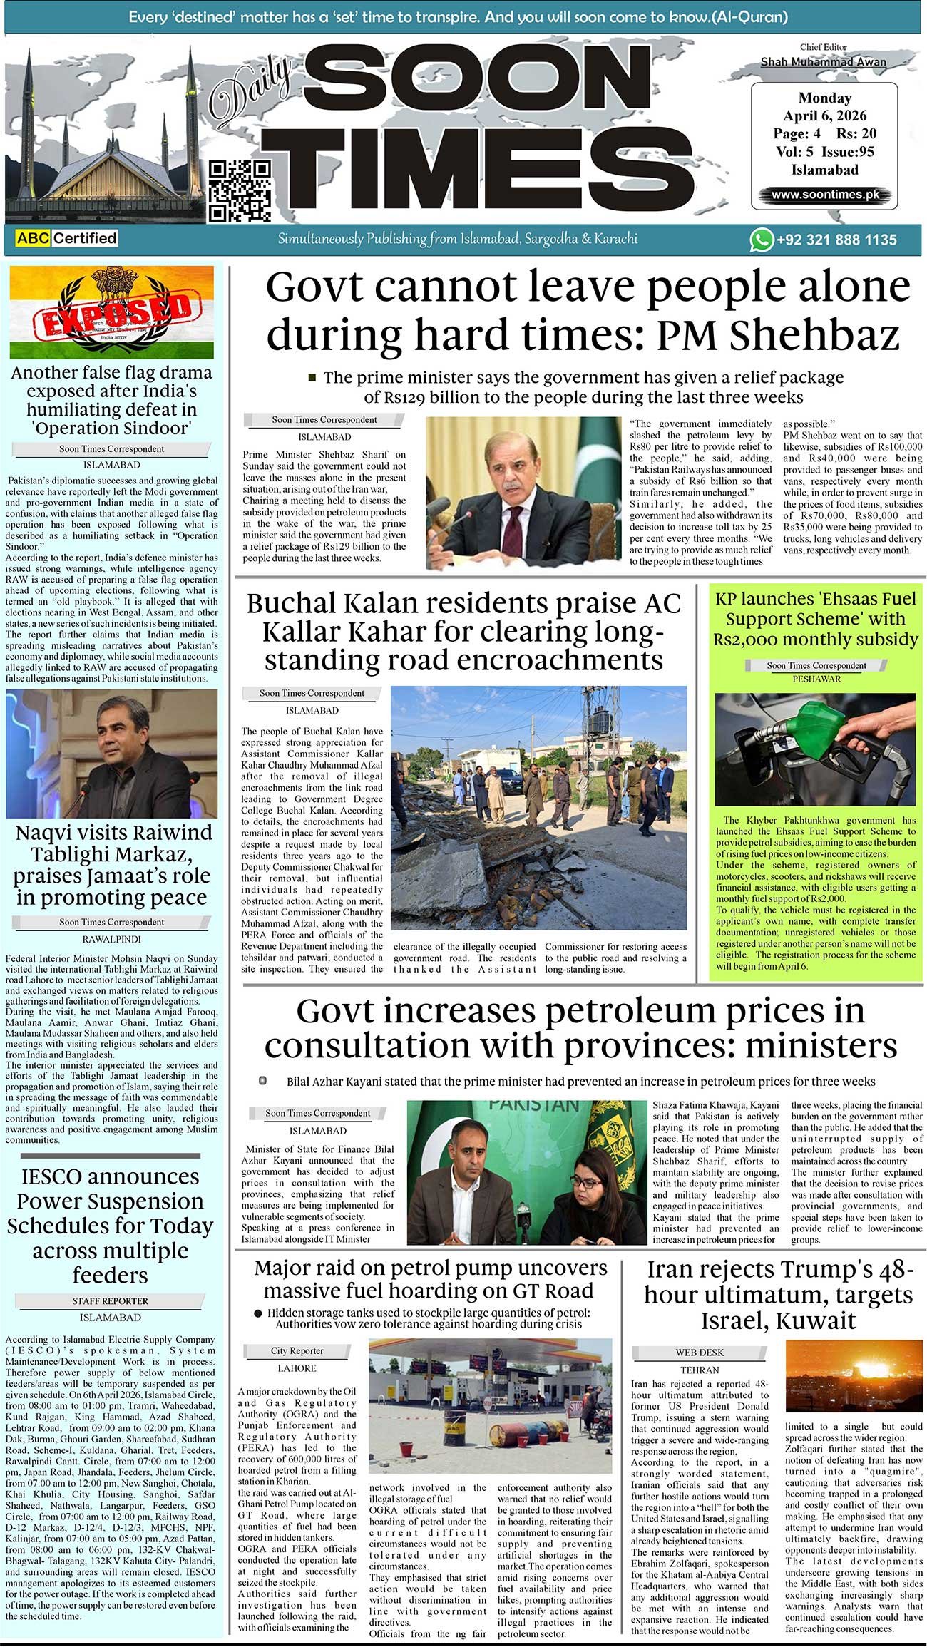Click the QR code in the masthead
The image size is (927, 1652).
click(239, 190)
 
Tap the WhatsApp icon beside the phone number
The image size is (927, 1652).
click(761, 240)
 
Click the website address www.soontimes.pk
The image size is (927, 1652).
click(824, 194)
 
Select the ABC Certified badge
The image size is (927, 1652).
click(66, 238)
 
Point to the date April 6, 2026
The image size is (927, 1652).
click(824, 116)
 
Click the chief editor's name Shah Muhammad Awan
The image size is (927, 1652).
click(823, 62)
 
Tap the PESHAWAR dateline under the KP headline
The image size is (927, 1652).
click(816, 679)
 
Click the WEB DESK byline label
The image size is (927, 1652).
click(699, 1352)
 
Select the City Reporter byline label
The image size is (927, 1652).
click(297, 1350)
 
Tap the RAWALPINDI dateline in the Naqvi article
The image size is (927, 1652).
click(111, 939)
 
